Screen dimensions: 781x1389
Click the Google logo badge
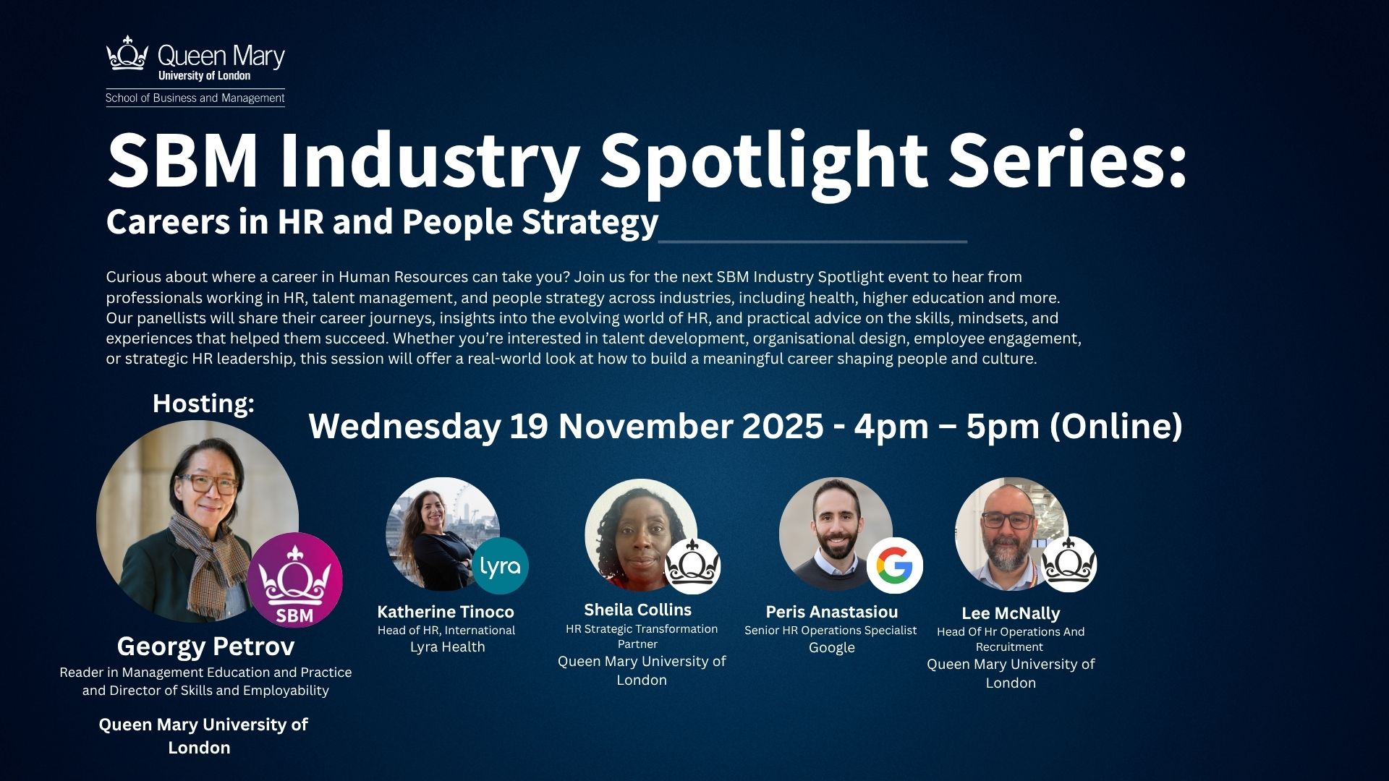tap(894, 566)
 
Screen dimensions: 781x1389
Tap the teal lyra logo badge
tap(500, 566)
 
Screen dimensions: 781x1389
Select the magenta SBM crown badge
tap(294, 580)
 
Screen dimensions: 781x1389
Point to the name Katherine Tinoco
tap(446, 612)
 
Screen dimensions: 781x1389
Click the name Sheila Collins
tap(637, 610)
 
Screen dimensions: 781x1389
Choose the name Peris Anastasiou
tap(831, 612)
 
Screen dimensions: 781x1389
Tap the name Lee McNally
tap(1010, 613)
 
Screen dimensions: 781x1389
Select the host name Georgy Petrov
tap(205, 646)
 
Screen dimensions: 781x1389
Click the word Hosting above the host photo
tap(203, 404)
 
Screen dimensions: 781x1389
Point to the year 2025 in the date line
tap(782, 426)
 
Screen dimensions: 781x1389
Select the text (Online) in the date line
tap(1116, 426)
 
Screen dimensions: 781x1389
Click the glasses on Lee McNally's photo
tap(1008, 519)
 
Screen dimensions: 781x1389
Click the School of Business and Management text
tap(195, 98)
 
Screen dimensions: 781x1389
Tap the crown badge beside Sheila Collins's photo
tap(692, 566)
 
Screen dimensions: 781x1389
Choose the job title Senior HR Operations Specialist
tap(831, 631)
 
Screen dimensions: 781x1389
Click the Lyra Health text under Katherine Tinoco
tap(447, 647)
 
